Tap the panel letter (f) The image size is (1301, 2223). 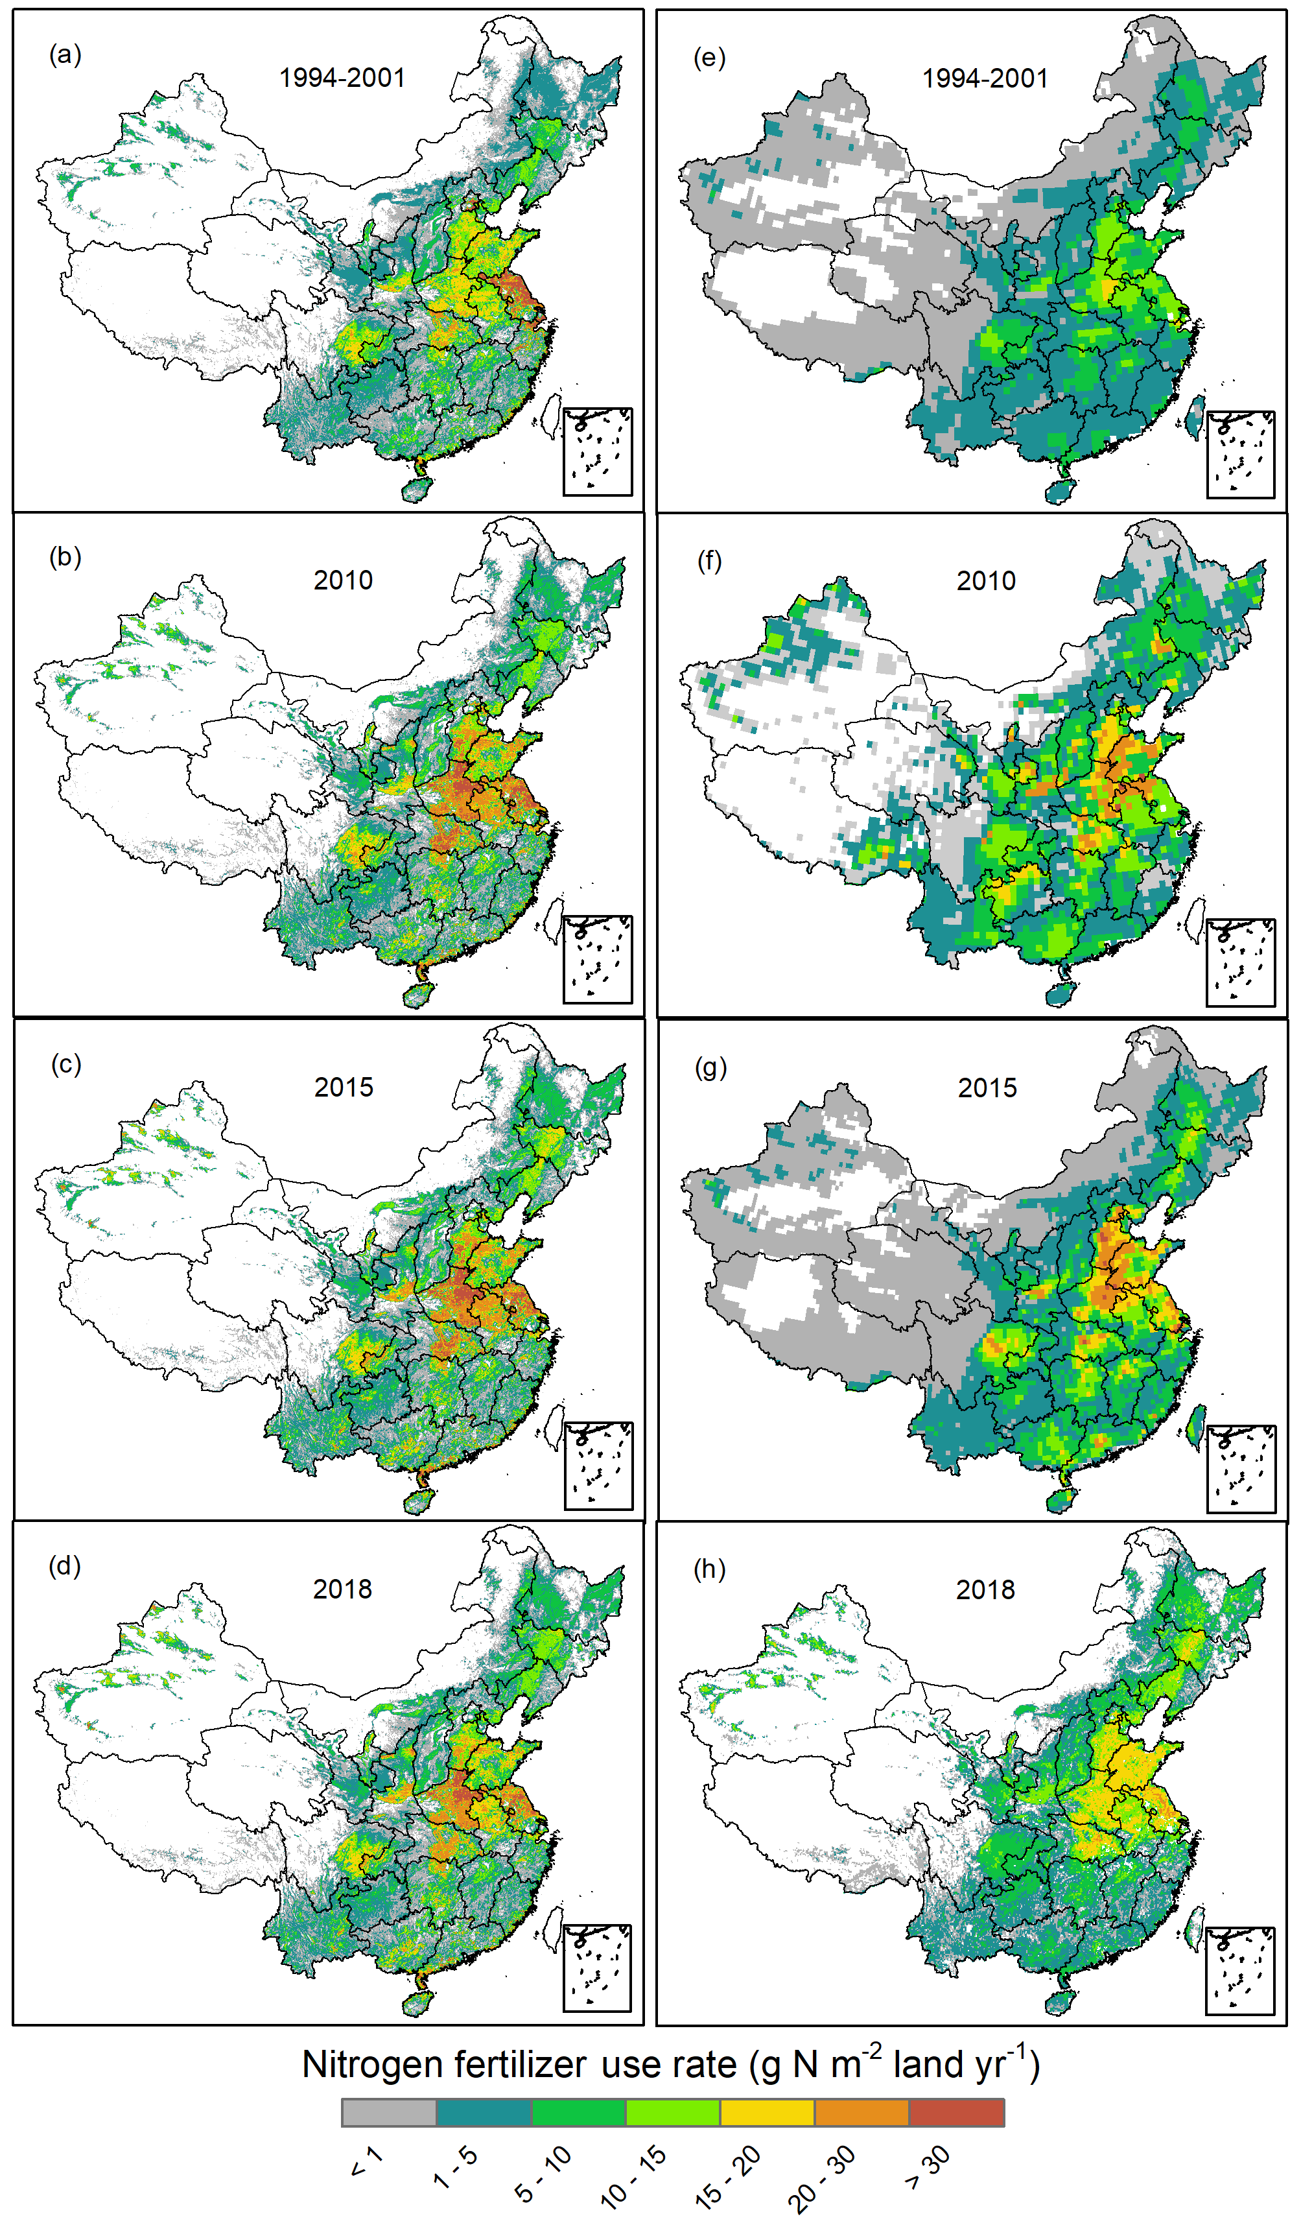coord(709,561)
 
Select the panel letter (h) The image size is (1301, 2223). coord(709,1569)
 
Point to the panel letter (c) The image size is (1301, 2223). coord(65,1064)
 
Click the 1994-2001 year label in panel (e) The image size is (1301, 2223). coord(985,78)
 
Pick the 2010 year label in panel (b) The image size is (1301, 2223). coord(343,580)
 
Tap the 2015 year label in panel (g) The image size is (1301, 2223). coord(987,1088)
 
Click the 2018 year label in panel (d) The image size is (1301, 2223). coord(342,1589)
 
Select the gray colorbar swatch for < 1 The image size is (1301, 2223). coord(389,2113)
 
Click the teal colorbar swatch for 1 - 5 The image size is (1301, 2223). coord(484,2113)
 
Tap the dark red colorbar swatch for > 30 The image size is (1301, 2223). coord(956,2113)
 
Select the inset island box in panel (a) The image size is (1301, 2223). coord(597,451)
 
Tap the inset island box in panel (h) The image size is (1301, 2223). coord(1239,1970)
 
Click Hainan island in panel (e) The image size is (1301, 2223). coord(1059,490)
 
